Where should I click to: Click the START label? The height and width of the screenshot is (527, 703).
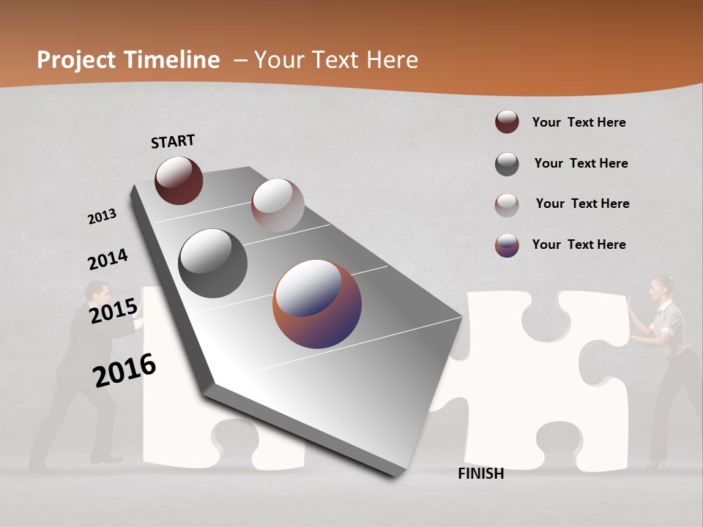pyautogui.click(x=173, y=141)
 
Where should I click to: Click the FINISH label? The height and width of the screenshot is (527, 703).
pyautogui.click(x=480, y=474)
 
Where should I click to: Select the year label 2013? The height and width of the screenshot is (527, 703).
pyautogui.click(x=102, y=217)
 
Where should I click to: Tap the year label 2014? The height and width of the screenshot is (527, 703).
pyautogui.click(x=108, y=259)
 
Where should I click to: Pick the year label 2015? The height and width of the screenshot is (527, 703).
pyautogui.click(x=114, y=311)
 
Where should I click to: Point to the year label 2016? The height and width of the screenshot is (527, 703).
pyautogui.click(x=124, y=370)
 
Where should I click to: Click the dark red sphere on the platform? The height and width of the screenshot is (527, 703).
pyautogui.click(x=179, y=180)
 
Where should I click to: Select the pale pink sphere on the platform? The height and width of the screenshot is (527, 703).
pyautogui.click(x=278, y=205)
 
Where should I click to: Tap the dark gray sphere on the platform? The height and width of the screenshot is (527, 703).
pyautogui.click(x=212, y=263)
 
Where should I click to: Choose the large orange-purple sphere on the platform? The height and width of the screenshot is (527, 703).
pyautogui.click(x=317, y=304)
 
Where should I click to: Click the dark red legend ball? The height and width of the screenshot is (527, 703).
pyautogui.click(x=507, y=122)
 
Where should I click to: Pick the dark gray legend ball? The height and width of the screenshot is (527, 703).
pyautogui.click(x=507, y=164)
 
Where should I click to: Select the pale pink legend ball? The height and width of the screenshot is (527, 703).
pyautogui.click(x=507, y=204)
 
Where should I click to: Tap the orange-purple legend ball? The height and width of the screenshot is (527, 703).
pyautogui.click(x=507, y=245)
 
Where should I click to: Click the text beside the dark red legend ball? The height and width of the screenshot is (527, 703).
pyautogui.click(x=579, y=122)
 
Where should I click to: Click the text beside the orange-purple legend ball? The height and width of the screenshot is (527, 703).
pyautogui.click(x=579, y=244)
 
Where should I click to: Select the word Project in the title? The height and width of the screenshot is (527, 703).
pyautogui.click(x=76, y=60)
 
